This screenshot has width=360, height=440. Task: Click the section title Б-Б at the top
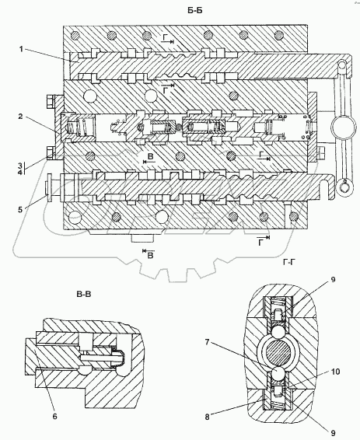tap(194, 11)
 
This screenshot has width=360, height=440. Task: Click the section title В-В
tap(84, 295)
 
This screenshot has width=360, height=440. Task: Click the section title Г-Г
tap(289, 263)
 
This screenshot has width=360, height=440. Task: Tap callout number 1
tap(21, 50)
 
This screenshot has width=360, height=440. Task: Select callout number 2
tap(20, 116)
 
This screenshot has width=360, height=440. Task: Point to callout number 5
tap(20, 209)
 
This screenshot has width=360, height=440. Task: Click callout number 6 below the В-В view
tap(54, 416)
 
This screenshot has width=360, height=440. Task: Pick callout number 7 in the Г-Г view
tap(207, 342)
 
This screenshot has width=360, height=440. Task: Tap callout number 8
tap(207, 417)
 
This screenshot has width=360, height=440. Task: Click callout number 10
tap(335, 372)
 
